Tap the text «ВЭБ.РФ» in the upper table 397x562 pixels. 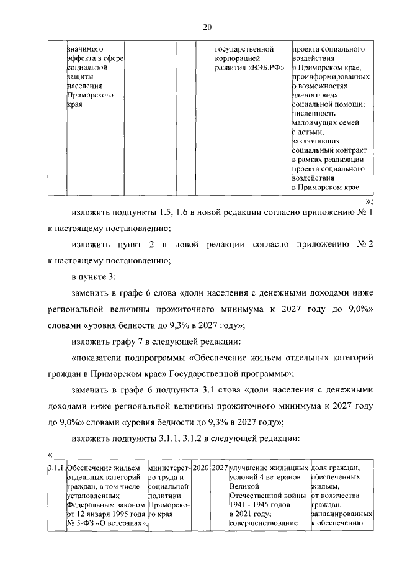(267, 68)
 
